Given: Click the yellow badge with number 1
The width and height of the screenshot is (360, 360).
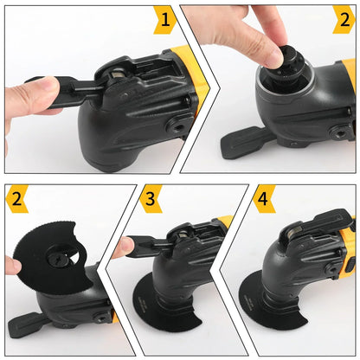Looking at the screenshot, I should pos(165,18).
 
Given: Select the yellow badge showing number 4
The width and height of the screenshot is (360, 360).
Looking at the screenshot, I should pos(265,199).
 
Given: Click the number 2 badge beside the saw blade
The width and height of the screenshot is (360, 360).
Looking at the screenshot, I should pos(16,199).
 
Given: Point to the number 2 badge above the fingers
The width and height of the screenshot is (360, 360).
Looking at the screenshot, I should pos(343,18).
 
